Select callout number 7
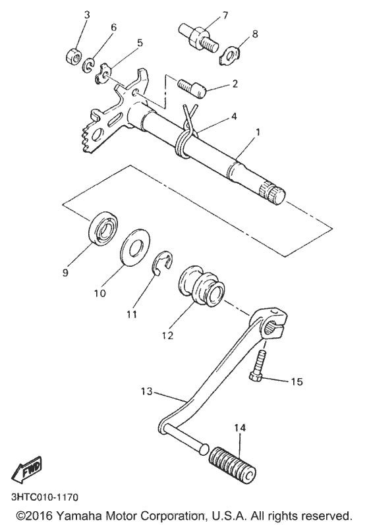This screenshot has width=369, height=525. tap(206, 14)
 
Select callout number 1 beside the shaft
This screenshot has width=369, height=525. tap(258, 131)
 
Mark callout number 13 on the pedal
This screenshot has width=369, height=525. tap(146, 391)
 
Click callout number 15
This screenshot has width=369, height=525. tap(297, 381)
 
